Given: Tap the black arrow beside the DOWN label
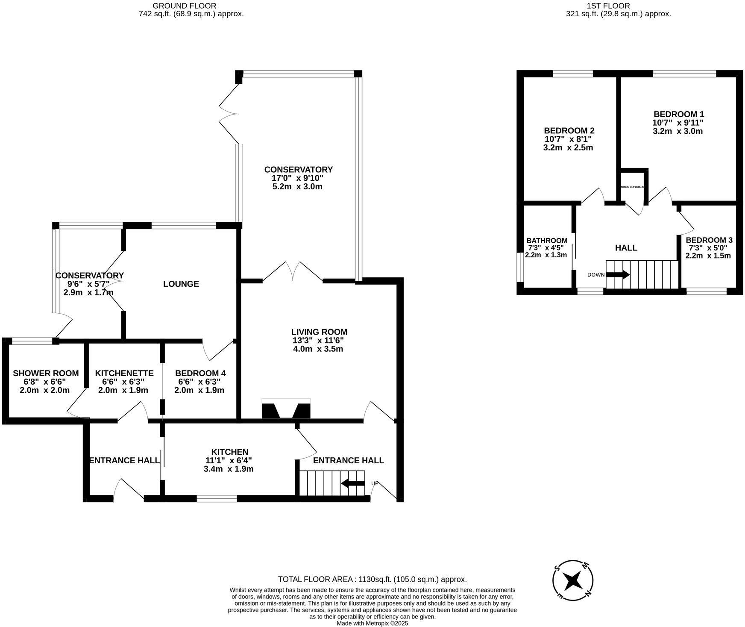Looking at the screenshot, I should (x=618, y=274).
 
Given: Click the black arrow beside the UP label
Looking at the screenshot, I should (x=353, y=483).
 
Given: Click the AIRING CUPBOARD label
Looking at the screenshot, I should (x=632, y=187).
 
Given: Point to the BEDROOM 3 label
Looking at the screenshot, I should (x=706, y=240).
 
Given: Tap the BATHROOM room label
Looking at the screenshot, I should (x=547, y=241).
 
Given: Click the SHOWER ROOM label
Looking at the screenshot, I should (x=46, y=373).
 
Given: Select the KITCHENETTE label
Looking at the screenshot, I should (x=124, y=373).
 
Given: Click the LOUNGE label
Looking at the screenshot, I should (x=181, y=284).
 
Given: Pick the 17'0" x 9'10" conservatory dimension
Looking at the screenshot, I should (x=298, y=178).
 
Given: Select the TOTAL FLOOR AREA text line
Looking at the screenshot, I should (x=372, y=580).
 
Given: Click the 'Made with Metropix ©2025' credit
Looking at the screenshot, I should (x=372, y=623).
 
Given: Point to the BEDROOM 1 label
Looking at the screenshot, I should (x=678, y=114).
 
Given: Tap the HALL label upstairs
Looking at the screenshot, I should (x=626, y=248).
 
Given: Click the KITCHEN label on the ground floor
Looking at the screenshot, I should (x=229, y=452).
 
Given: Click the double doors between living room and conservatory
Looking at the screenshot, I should (x=293, y=274).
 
